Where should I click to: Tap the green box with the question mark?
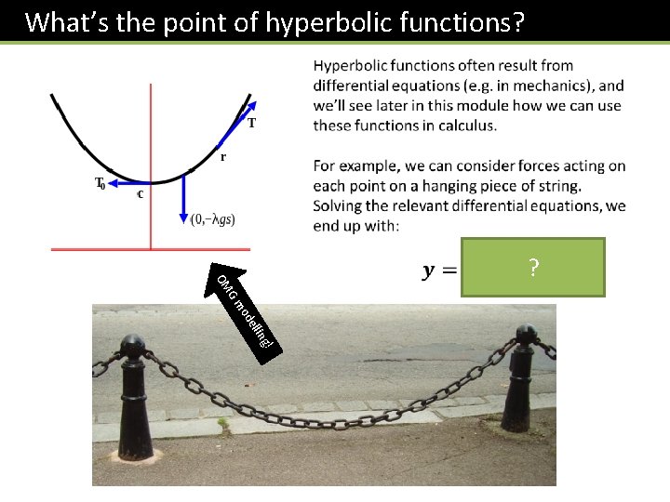click(x=532, y=268)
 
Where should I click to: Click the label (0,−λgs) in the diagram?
click(x=212, y=219)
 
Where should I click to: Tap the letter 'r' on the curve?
click(x=221, y=158)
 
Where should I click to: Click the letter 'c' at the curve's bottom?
click(x=140, y=194)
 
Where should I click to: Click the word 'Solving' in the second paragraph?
click(x=340, y=205)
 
